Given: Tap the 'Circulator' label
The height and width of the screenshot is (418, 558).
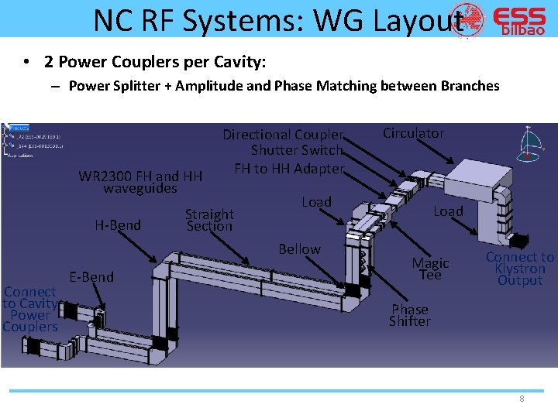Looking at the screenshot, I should (414, 133).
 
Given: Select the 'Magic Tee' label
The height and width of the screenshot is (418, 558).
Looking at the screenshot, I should (430, 269).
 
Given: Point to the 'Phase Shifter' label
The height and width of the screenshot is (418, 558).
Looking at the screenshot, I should (409, 315).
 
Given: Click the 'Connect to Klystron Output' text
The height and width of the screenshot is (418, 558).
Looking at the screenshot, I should (520, 269).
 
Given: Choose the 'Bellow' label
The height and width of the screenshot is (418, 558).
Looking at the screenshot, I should (299, 248).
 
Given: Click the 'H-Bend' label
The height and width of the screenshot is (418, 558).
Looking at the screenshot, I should (118, 225).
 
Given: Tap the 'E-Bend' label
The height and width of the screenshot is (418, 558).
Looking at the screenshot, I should (91, 276).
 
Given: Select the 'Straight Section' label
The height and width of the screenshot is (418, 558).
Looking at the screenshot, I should (209, 220).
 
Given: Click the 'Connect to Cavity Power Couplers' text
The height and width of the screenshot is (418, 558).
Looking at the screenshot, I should (29, 309).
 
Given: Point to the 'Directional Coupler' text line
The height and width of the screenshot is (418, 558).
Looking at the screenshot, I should (283, 135).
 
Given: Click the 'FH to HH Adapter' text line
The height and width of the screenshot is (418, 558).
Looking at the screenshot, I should (289, 168).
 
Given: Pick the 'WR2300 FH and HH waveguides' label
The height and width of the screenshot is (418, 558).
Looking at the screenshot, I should (140, 182).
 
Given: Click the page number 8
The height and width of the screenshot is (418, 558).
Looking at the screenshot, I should (522, 399).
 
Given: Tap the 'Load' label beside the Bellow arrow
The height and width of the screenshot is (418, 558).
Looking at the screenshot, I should (316, 202).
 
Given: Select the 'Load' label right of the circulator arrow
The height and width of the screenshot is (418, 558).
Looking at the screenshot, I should (448, 211).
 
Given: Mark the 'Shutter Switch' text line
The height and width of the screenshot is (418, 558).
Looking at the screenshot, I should (297, 151).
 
